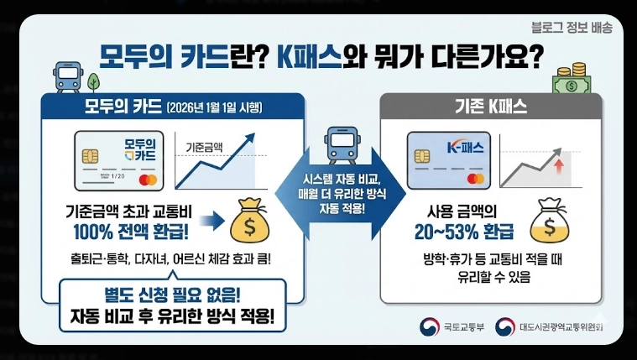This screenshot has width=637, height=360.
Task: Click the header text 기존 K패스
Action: coord(490,107)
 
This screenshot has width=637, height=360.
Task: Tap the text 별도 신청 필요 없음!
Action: coord(172,295)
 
